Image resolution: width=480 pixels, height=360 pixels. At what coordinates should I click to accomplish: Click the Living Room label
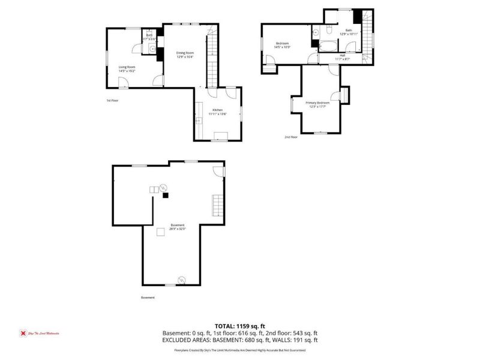pos(127,67)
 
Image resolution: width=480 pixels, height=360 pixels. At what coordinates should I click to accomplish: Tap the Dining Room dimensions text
pos(185,58)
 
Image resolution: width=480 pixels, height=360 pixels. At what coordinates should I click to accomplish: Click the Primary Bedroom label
pos(319,103)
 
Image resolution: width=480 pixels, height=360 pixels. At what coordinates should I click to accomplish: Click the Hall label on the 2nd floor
pos(342,55)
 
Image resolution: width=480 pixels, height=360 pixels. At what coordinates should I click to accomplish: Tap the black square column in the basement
pos(166,194)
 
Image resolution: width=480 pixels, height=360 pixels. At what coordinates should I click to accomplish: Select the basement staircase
pos(217,207)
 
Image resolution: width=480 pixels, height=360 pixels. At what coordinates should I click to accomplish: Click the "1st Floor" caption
pos(112,100)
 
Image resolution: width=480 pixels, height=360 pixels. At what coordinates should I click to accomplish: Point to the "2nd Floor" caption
pos(291,137)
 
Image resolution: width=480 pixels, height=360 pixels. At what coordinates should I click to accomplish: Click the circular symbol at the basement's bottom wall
pos(182,280)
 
